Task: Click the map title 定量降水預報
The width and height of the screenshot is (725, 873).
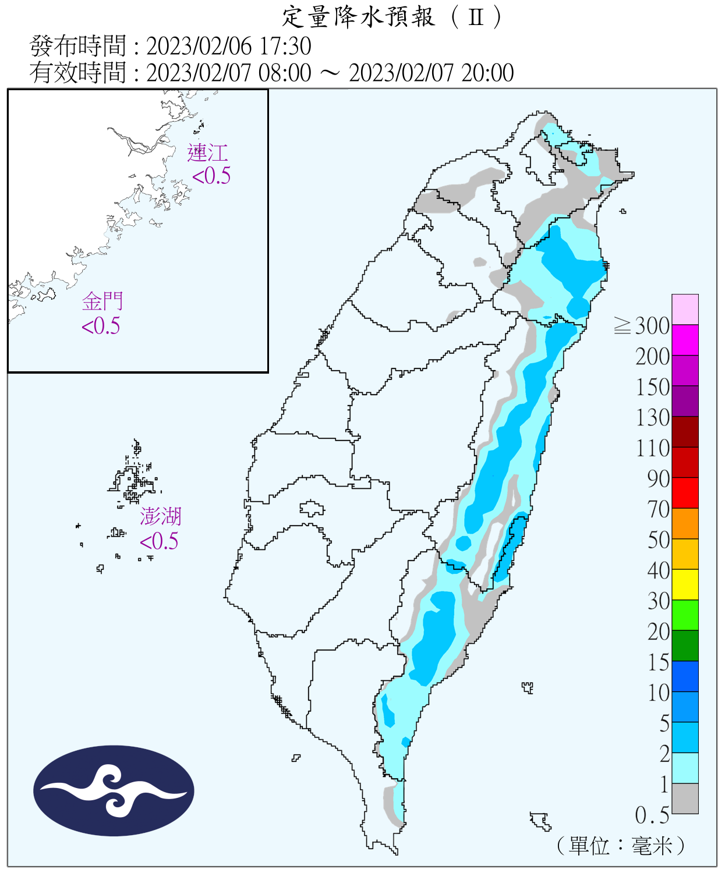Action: [x=358, y=17]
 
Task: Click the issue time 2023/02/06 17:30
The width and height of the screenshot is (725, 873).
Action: [x=228, y=46]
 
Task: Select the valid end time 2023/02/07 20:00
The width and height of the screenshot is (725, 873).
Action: [x=431, y=73]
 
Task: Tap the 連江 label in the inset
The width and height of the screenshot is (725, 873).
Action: [x=207, y=153]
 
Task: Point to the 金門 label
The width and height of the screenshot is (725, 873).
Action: [x=102, y=301]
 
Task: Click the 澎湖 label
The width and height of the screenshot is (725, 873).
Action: [x=160, y=516]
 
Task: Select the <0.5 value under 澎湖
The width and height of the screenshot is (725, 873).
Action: [x=159, y=541]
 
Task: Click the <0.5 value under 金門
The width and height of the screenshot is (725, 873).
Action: [x=101, y=326]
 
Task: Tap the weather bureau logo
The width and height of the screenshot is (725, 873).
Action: [x=114, y=790]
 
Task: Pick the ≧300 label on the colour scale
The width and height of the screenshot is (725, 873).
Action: [x=642, y=326]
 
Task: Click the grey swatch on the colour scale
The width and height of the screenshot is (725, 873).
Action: [x=685, y=799]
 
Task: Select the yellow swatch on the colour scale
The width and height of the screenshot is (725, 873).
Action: [x=685, y=584]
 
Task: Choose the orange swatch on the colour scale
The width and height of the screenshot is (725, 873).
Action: [x=685, y=523]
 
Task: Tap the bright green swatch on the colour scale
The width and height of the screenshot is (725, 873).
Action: [x=685, y=615]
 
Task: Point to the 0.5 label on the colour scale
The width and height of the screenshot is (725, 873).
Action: [x=652, y=815]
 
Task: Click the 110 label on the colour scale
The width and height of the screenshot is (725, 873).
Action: [x=653, y=448]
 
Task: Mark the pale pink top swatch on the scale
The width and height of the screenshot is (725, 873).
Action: [x=685, y=309]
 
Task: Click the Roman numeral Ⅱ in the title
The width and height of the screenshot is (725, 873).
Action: [x=476, y=17]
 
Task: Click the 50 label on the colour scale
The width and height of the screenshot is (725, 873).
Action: [x=659, y=540]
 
